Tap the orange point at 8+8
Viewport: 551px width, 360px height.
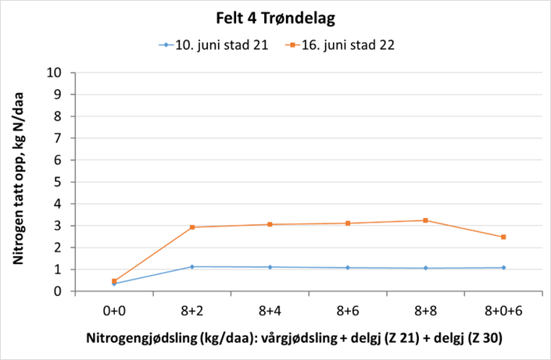pos(425,220)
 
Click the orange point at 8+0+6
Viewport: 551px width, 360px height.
pos(503,237)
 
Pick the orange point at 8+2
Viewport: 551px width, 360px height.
pos(192,227)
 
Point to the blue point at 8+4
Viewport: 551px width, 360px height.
pos(270,267)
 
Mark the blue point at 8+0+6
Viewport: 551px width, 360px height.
pos(503,268)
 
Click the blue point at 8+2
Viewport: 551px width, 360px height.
pos(192,267)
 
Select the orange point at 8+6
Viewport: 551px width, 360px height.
pos(348,223)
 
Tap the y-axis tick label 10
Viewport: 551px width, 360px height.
pos(55,73)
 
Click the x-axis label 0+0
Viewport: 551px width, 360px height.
pos(114,309)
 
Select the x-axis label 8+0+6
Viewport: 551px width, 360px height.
pos(503,309)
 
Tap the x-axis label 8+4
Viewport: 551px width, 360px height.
pos(270,309)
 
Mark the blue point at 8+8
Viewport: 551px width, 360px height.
pos(425,268)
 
